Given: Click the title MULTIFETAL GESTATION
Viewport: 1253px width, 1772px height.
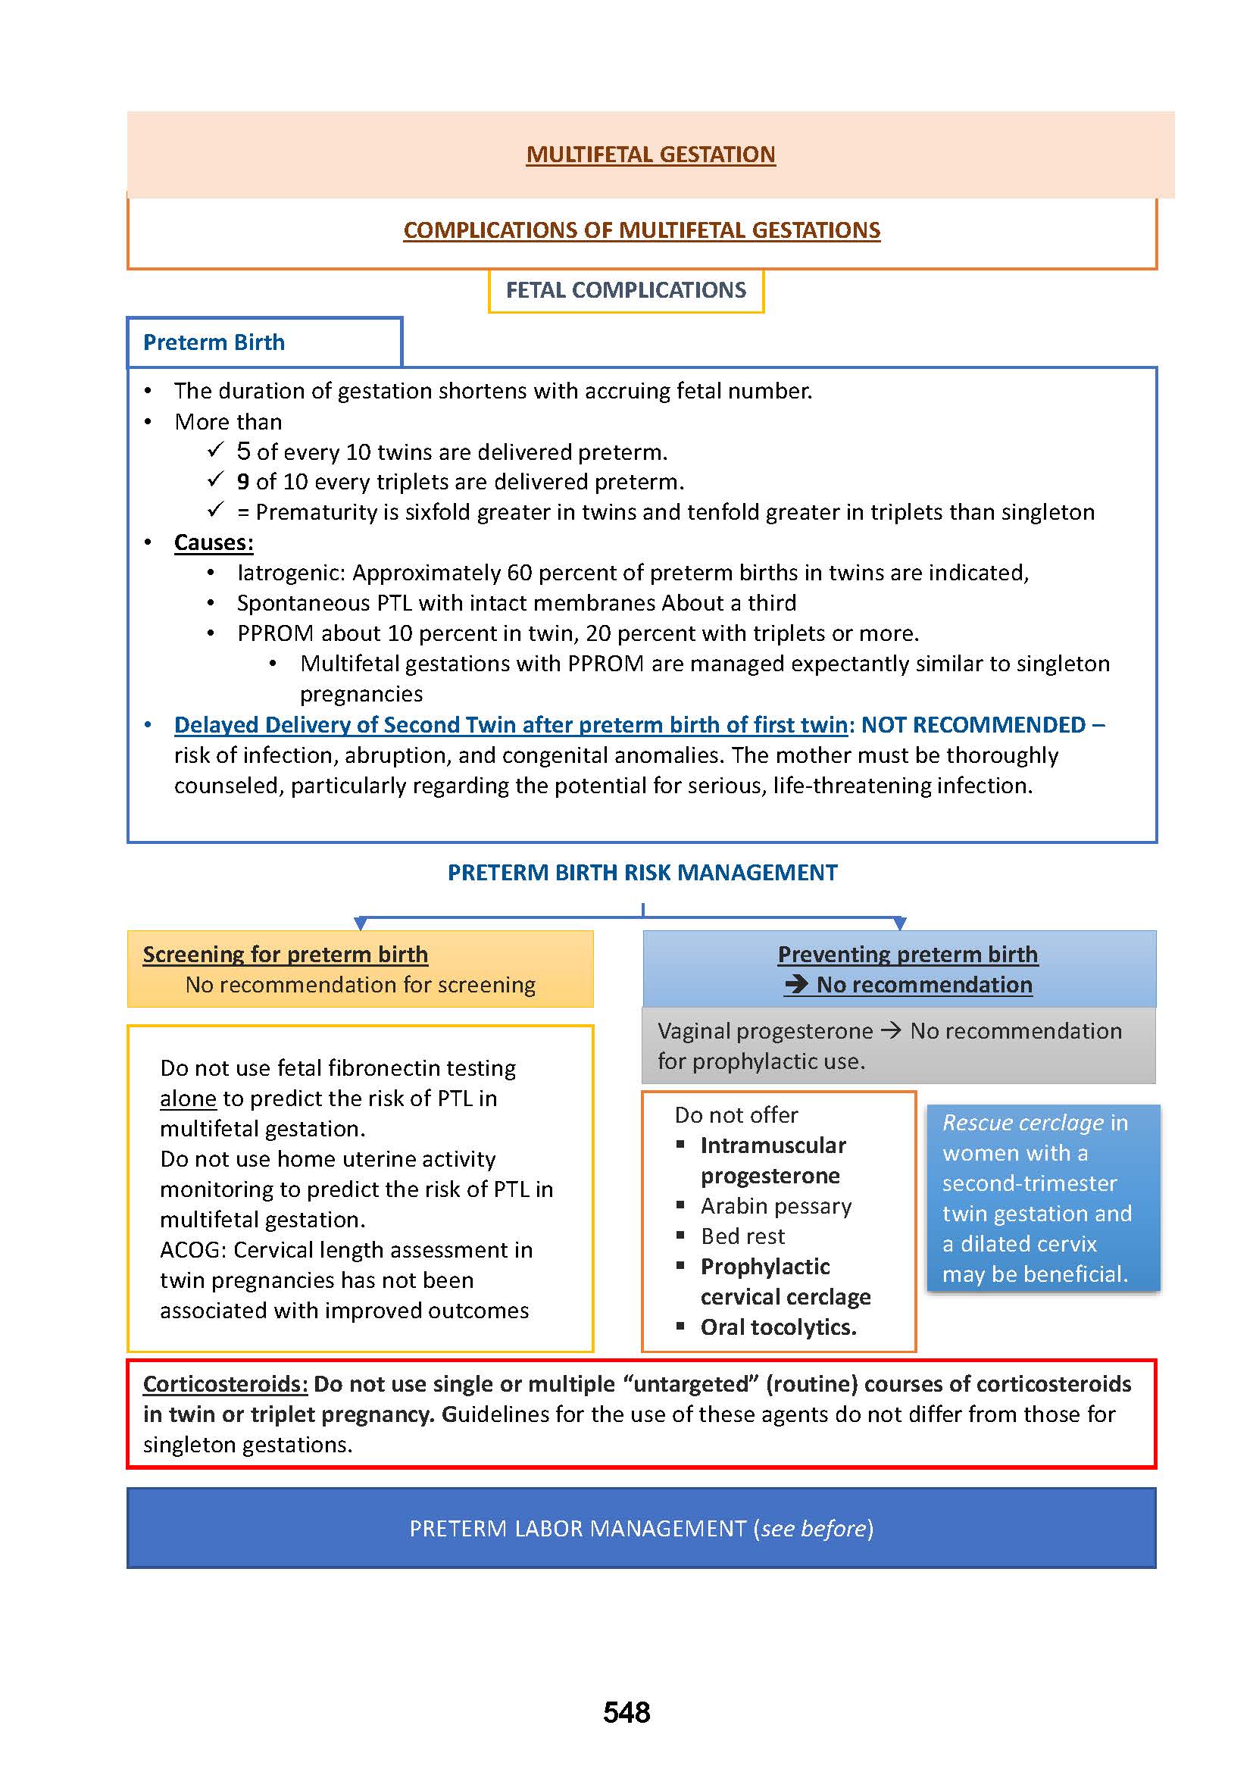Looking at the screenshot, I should (651, 155).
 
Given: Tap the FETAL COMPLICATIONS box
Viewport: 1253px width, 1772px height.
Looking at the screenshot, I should (626, 290).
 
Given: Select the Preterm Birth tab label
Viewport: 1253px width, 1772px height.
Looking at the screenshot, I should (214, 342).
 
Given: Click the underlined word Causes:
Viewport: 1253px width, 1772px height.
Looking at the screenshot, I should (214, 542).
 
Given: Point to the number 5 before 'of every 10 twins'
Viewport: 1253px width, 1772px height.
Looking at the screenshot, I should (244, 451).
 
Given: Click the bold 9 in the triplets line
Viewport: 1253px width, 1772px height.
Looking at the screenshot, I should (243, 482).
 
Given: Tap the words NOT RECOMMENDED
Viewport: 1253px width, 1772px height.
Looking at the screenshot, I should (973, 725).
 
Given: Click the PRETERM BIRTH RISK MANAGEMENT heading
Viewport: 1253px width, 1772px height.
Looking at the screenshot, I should (642, 872).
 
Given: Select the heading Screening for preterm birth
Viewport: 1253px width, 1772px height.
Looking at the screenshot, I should (285, 955).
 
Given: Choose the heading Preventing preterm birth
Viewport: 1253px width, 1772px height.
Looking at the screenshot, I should (908, 955).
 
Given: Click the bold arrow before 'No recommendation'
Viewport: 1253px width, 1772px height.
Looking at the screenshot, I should (796, 985).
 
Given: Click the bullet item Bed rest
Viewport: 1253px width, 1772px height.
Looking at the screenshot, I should (742, 1236).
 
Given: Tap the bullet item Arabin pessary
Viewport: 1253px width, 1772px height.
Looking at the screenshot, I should (776, 1205).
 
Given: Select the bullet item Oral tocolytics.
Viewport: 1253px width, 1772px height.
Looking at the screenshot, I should (778, 1327).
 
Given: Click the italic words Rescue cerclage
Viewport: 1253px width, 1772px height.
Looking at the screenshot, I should (1023, 1123).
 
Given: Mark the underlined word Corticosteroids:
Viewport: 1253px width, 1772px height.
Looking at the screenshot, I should (225, 1384).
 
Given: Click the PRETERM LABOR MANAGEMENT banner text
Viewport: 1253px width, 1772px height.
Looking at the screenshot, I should (641, 1528).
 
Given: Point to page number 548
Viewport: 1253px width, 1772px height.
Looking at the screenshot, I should (626, 1713).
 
